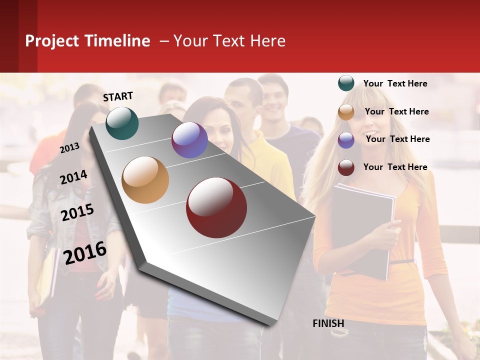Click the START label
pyautogui.click(x=118, y=96)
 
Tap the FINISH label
pyautogui.click(x=328, y=323)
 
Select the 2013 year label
pyautogui.click(x=70, y=147)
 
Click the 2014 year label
pyautogui.click(x=73, y=177)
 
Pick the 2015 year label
pyautogui.click(x=77, y=212)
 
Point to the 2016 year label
pyautogui.click(x=85, y=252)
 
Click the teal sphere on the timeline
pyautogui.click(x=122, y=123)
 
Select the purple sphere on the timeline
pyautogui.click(x=189, y=140)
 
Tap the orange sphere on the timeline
pyautogui.click(x=145, y=180)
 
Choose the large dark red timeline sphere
pyautogui.click(x=216, y=207)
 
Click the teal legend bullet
pyautogui.click(x=346, y=83)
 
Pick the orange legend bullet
pyautogui.click(x=346, y=112)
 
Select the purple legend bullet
pyautogui.click(x=346, y=140)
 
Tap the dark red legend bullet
pyautogui.click(x=346, y=167)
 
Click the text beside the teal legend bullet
pyautogui.click(x=395, y=83)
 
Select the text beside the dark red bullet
pyautogui.click(x=395, y=167)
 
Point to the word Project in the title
pyautogui.click(x=52, y=41)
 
